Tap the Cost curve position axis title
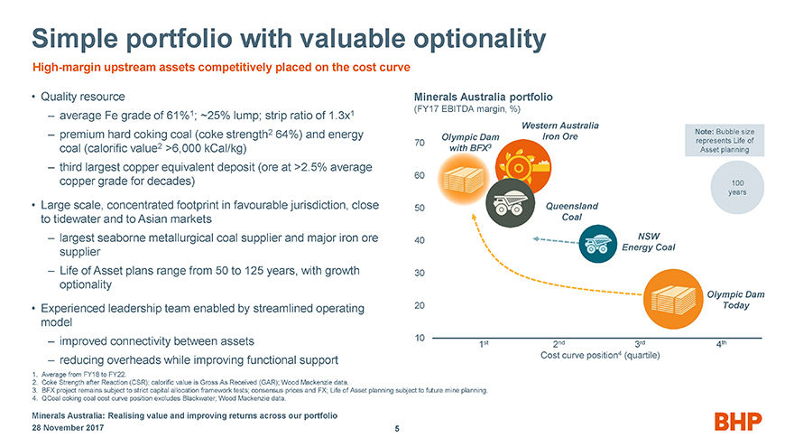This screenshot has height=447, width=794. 600,355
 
